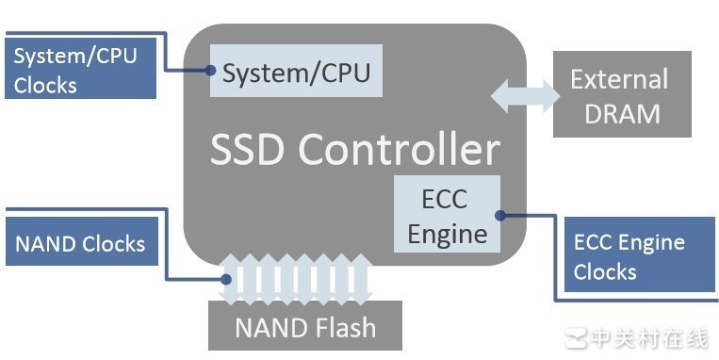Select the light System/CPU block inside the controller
point(296,71)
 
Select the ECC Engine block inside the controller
point(447,214)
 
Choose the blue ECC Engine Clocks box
point(638,256)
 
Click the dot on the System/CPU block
point(211,70)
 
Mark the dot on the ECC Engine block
point(500,215)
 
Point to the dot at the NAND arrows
point(226,279)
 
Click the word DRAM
point(622,113)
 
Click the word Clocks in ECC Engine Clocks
point(605,271)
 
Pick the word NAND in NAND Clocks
point(45,244)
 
